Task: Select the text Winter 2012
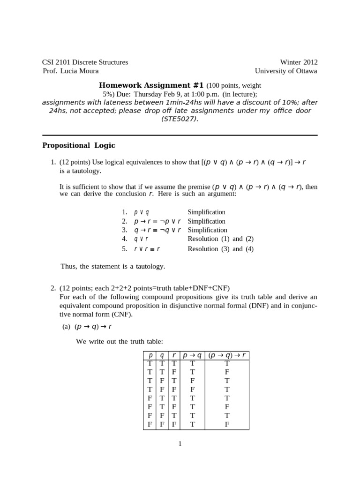coord(299,62)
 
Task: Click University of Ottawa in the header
coord(286,71)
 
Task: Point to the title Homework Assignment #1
coord(151,85)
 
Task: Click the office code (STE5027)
coord(180,119)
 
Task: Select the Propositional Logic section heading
coord(79,145)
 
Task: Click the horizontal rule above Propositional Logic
coord(180,135)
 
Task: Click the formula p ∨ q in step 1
coord(142,212)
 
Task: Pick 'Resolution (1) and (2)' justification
coord(220,239)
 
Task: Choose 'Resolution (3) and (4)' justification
coord(220,249)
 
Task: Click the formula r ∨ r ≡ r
coord(147,249)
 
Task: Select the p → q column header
coord(192,355)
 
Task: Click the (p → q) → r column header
coord(227,355)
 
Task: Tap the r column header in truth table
coord(174,355)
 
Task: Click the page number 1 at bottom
coord(180,444)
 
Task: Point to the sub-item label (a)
coord(66,327)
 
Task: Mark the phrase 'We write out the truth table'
coord(120,341)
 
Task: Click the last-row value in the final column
coord(227,424)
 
